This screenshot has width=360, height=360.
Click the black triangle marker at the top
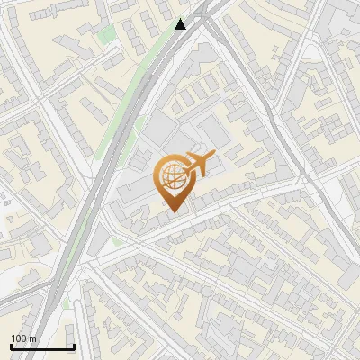(181, 24)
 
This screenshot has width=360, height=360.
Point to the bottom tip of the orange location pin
(174, 211)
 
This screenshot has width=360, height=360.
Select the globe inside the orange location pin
(173, 176)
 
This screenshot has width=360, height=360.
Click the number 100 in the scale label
(20, 338)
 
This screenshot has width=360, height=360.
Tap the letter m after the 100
(33, 338)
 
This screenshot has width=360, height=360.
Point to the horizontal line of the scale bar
(42, 346)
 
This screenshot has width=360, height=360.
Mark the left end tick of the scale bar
(11, 346)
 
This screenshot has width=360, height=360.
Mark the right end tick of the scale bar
(74, 346)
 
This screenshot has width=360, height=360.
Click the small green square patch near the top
(107, 36)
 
